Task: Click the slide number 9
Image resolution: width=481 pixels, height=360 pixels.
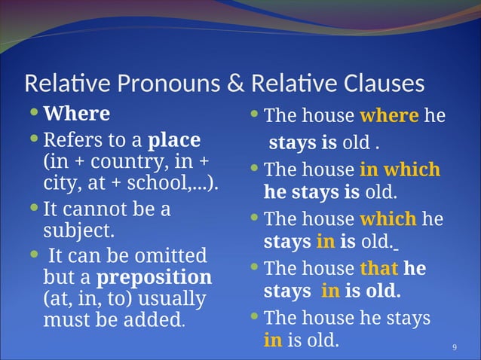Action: [x=455, y=346]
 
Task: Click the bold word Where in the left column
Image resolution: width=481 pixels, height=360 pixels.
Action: [x=77, y=114]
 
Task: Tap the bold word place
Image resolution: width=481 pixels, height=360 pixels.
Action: [x=175, y=140]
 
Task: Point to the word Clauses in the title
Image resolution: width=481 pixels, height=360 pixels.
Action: [x=381, y=83]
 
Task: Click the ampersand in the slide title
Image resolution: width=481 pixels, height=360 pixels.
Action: [x=235, y=83]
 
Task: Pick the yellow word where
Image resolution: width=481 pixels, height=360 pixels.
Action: [x=389, y=116]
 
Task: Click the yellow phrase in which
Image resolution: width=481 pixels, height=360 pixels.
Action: [x=400, y=169]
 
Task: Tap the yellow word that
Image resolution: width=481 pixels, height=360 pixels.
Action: [x=379, y=268]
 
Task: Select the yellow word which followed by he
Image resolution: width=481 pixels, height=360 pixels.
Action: [x=388, y=219]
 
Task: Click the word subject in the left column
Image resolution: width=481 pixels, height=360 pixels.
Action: [x=78, y=229]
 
